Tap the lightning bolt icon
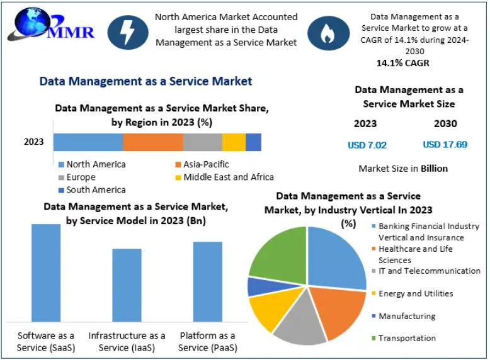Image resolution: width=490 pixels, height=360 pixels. pos(128,32)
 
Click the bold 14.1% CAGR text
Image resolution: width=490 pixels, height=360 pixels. pos(403,63)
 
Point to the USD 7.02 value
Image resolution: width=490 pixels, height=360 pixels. pos(367,145)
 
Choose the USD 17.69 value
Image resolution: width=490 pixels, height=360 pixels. pos(445,144)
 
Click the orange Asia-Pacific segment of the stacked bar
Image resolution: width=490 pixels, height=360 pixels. pos(153,142)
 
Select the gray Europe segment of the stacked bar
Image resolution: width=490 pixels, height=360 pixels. pos(203,142)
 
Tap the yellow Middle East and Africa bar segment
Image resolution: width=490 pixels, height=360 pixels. pos(234,142)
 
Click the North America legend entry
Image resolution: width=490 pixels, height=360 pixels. pos(91,164)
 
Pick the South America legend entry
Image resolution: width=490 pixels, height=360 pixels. pos(91,189)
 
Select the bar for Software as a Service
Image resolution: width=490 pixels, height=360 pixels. pos(46,273)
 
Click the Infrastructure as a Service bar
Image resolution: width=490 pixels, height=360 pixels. pos(127,285)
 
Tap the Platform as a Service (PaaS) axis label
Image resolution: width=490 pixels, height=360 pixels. pos(207,341)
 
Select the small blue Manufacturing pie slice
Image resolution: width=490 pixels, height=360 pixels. pos(256,286)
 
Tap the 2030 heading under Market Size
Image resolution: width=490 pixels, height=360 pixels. pos(445,123)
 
